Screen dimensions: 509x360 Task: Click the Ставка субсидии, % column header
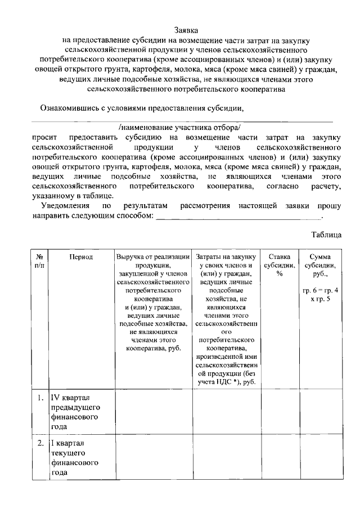click(279, 265)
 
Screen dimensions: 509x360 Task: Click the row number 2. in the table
click(40, 443)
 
